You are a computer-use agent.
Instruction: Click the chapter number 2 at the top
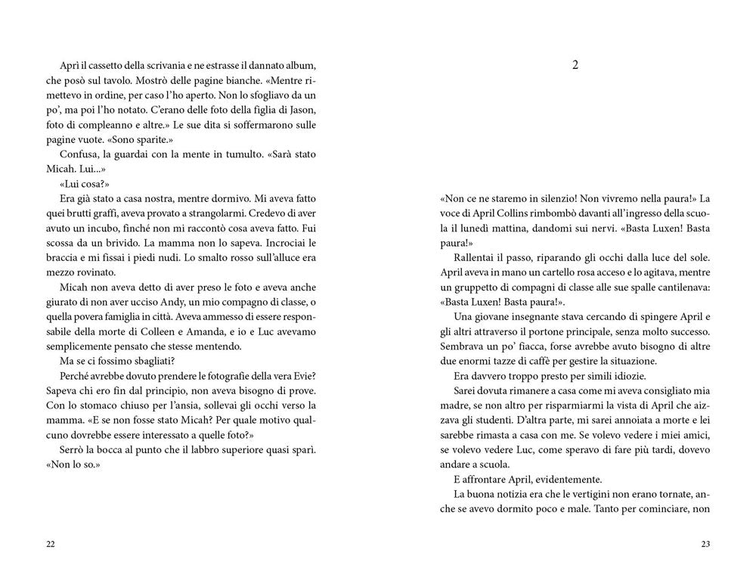[575, 65]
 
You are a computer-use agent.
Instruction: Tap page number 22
[51, 544]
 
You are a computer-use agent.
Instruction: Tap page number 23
[705, 544]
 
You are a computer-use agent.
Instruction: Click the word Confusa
[76, 154]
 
